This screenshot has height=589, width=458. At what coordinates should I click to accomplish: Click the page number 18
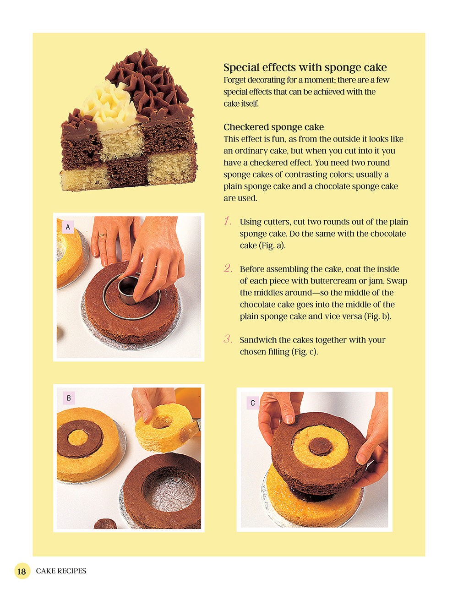22,571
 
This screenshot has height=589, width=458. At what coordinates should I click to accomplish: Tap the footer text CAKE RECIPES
61,571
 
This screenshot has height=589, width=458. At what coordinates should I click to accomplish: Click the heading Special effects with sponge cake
305,68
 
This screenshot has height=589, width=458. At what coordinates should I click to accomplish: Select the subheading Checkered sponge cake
273,127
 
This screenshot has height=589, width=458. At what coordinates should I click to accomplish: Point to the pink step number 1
228,221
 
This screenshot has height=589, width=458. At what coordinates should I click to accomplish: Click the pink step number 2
228,268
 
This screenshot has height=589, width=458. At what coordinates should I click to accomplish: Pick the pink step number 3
228,339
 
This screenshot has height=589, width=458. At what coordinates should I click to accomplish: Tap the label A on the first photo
68,227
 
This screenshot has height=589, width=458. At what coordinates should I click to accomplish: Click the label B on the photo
69,398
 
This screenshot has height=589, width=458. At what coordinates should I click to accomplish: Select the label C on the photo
252,403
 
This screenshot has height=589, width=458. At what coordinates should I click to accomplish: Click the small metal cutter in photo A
128,289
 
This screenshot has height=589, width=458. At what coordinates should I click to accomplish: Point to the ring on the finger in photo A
102,235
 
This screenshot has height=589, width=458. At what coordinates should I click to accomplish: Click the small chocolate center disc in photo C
320,446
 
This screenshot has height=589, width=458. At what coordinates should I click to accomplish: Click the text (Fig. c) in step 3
304,352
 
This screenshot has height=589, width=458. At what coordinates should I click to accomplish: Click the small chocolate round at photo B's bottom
105,524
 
